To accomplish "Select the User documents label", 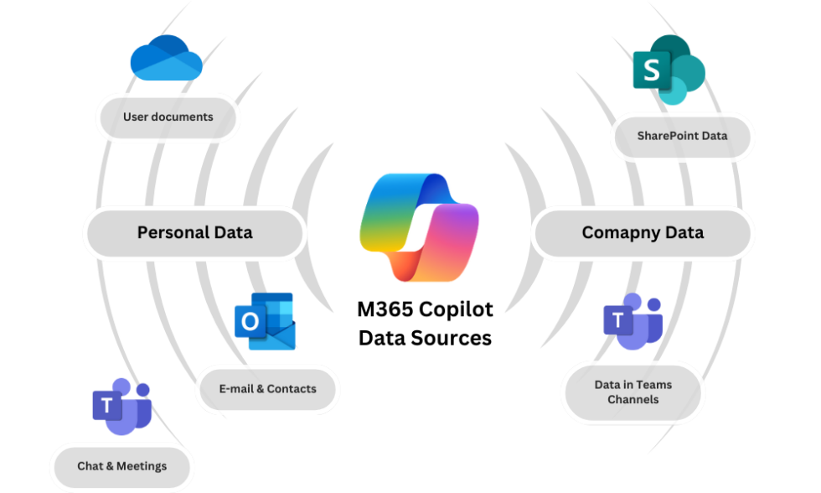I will click(x=168, y=117).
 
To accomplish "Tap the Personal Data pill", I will click(x=194, y=232).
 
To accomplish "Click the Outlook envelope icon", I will click(x=266, y=321).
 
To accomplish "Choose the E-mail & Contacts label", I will click(x=268, y=389).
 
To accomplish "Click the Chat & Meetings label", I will click(x=122, y=466).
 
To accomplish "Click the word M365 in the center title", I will click(x=386, y=309).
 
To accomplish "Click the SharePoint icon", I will click(x=668, y=70).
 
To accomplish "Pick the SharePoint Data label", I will click(x=682, y=136).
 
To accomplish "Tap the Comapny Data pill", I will click(x=642, y=232).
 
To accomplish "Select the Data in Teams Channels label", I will click(x=633, y=392).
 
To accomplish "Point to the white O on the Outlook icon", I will click(x=250, y=322).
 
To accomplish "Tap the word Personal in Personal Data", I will click(x=170, y=232).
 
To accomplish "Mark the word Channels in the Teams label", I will click(x=633, y=400).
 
